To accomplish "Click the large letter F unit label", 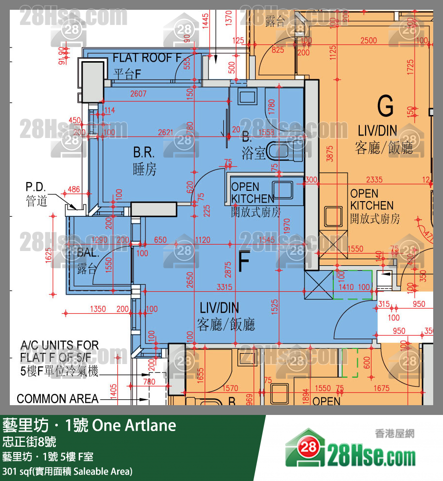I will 244,262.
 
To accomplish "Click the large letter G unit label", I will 386,105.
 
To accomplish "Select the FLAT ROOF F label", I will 147,58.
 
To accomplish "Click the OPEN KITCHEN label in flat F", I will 253,193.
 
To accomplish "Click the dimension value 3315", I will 222,287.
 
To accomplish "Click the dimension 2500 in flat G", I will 368,40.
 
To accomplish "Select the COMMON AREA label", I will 58,399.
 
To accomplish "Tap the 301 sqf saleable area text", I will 67,472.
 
